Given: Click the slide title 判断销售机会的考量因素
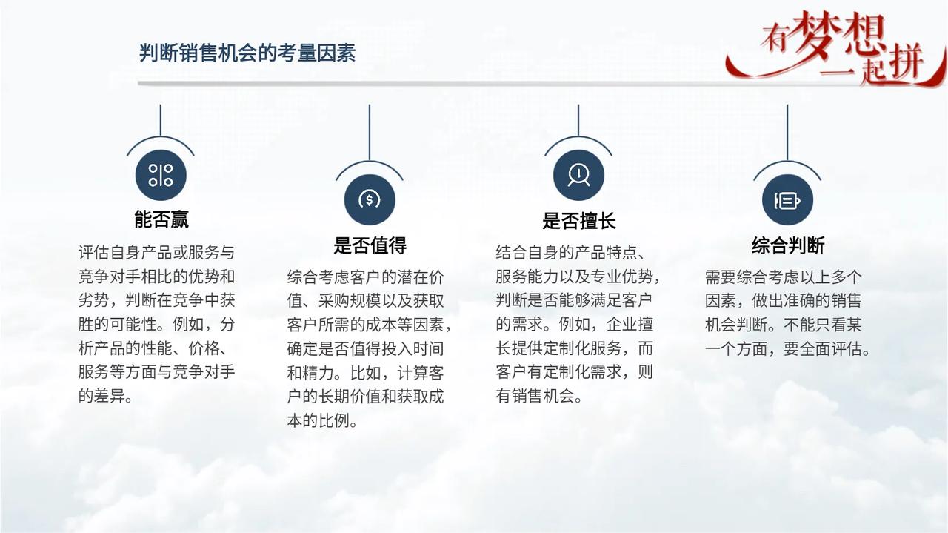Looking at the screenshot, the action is click(247, 53).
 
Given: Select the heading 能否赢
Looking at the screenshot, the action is click(161, 219).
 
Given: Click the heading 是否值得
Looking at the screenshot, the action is click(370, 245).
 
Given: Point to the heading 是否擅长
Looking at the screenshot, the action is click(578, 221).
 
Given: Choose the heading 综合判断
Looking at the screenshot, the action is click(788, 245).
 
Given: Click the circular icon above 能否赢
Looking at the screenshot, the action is click(161, 175).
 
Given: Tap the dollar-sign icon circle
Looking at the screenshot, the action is click(370, 199).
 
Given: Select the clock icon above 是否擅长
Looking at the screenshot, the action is click(578, 175).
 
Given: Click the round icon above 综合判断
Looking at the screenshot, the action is click(787, 199).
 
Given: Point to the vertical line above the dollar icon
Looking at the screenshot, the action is click(370, 133).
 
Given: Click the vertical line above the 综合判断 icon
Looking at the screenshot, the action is click(787, 133).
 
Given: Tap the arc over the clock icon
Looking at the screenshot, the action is click(578, 137).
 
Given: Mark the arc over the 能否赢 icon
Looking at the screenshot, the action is click(161, 137).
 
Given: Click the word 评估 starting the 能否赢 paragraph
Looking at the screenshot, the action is click(94, 253).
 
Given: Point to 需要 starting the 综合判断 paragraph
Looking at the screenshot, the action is click(721, 277).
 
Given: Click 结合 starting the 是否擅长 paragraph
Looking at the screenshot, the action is click(512, 253).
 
